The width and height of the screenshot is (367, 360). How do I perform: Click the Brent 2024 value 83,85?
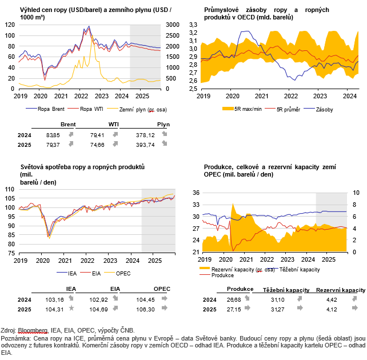pyautogui.click(x=53, y=135)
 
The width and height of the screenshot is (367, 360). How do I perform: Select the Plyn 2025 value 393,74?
pyautogui.click(x=145, y=145)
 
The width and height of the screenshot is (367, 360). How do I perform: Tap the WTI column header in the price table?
pyautogui.click(x=114, y=125)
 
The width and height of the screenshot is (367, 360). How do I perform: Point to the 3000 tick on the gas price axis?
pyautogui.click(x=173, y=25)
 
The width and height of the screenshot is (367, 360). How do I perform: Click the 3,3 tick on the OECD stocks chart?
pyautogui.click(x=193, y=25)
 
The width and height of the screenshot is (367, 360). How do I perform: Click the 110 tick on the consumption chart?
pyautogui.click(x=10, y=189)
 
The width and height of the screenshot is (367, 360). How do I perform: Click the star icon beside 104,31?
pyautogui.click(x=71, y=308)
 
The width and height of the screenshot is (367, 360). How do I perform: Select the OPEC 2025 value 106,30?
pyautogui.click(x=145, y=310)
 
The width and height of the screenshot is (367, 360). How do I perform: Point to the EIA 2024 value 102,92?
pyautogui.click(x=98, y=299)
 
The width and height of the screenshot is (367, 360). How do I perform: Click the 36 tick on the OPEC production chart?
pyautogui.click(x=196, y=193)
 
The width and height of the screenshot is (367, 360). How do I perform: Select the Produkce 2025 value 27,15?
pyautogui.click(x=234, y=310)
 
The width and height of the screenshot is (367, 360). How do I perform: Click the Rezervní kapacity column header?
pyautogui.click(x=341, y=290)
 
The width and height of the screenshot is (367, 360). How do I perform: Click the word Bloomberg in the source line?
pyautogui.click(x=33, y=330)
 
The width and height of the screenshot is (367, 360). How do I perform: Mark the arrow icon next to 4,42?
pyautogui.click(x=355, y=298)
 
